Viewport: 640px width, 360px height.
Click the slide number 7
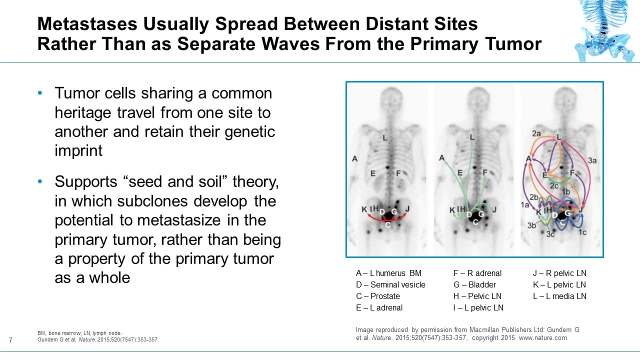point(11,340)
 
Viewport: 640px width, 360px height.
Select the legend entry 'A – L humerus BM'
point(388,273)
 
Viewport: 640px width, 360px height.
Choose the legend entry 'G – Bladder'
point(474,285)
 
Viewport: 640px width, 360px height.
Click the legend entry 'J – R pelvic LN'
point(559,273)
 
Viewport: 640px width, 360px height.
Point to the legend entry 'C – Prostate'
point(377,296)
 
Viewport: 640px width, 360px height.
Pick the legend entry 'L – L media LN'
point(559,296)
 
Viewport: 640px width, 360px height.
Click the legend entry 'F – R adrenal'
point(477,273)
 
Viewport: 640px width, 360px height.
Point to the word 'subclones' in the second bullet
point(153,201)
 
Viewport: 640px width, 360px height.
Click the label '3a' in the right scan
point(592,160)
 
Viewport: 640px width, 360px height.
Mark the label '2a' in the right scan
point(536,133)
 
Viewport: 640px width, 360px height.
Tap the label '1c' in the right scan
point(582,232)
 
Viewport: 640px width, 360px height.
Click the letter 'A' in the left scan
point(355,159)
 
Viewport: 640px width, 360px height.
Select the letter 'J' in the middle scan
point(495,209)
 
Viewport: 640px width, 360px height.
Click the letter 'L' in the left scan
point(385,137)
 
